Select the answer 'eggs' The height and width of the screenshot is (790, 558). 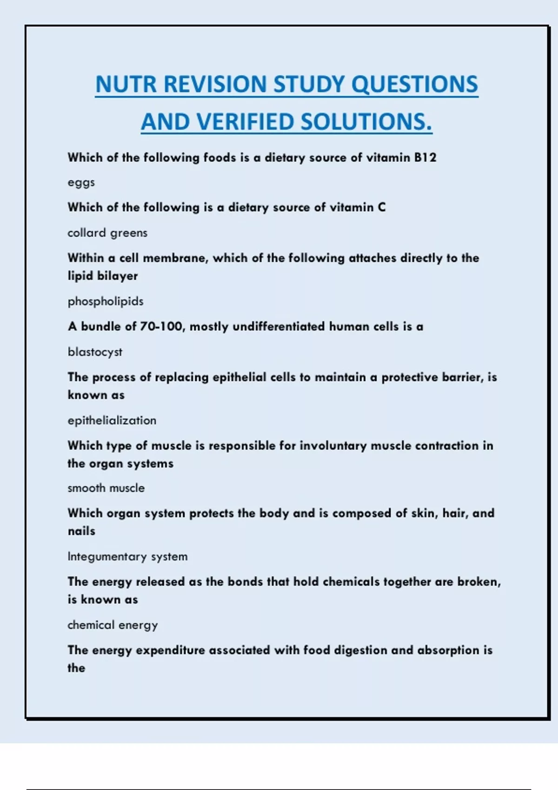pyautogui.click(x=81, y=183)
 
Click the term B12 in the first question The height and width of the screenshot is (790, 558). pyautogui.click(x=425, y=158)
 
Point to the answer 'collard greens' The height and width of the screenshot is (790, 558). pyautogui.click(x=107, y=233)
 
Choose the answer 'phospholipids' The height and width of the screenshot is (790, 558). pyautogui.click(x=106, y=302)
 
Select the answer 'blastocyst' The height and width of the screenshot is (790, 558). pyautogui.click(x=95, y=352)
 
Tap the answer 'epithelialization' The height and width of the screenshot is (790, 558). pyautogui.click(x=112, y=421)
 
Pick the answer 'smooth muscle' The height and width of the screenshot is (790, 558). pyautogui.click(x=106, y=488)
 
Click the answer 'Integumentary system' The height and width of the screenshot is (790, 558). pyautogui.click(x=127, y=557)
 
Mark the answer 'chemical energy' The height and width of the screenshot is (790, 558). pyautogui.click(x=113, y=625)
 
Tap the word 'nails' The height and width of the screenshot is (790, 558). pyautogui.click(x=81, y=531)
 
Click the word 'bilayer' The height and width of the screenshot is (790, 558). pyautogui.click(x=117, y=276)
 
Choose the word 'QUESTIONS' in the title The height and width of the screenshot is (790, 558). pyautogui.click(x=414, y=85)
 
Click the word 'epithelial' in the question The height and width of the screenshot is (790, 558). pyautogui.click(x=239, y=377)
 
